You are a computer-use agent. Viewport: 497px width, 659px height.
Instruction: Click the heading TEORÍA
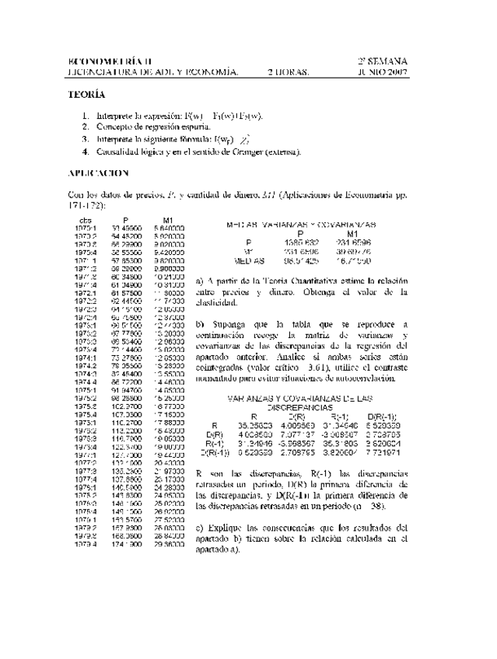coord(86,95)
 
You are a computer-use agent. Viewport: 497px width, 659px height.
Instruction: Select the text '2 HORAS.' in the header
coord(288,72)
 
